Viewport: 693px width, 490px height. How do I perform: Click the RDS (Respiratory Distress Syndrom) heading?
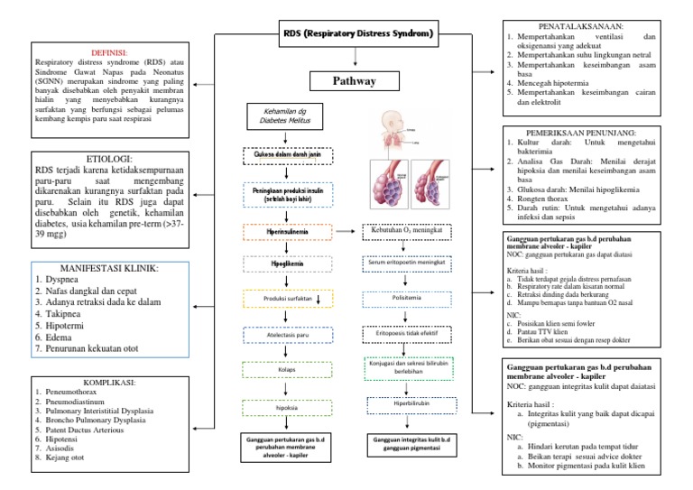(x=358, y=35)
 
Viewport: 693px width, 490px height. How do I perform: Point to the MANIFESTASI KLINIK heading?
(x=108, y=269)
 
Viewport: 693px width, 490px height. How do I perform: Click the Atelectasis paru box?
(x=283, y=334)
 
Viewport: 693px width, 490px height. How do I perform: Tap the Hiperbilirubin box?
(x=406, y=405)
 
